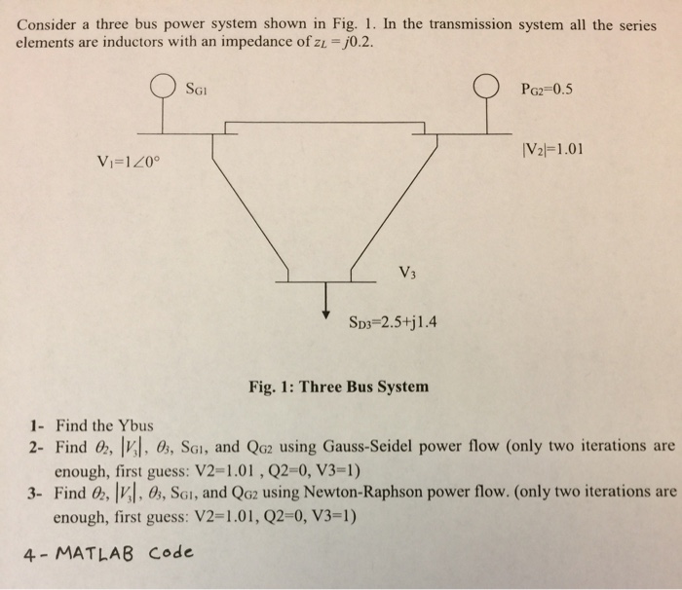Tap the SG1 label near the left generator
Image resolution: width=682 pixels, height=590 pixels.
(x=197, y=90)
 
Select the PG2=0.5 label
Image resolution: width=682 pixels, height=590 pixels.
(x=547, y=90)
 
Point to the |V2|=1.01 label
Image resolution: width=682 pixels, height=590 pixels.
(x=552, y=150)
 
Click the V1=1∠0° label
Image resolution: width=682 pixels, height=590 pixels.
(x=129, y=162)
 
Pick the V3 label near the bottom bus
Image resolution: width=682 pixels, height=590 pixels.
(x=407, y=273)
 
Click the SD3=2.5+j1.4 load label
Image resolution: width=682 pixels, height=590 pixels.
(x=393, y=322)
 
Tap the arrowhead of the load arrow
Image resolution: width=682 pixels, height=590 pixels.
(x=325, y=314)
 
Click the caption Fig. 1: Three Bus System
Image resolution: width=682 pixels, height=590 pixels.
(x=338, y=387)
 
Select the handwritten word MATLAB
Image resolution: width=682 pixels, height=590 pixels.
(x=95, y=553)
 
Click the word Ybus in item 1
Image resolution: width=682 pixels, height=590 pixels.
(x=136, y=425)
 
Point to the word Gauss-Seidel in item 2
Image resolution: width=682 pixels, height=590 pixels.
(x=368, y=447)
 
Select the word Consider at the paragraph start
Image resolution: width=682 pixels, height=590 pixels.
(x=47, y=24)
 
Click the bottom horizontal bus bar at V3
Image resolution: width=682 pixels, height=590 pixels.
(x=325, y=281)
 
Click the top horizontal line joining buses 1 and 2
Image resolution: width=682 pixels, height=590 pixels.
(x=324, y=123)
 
